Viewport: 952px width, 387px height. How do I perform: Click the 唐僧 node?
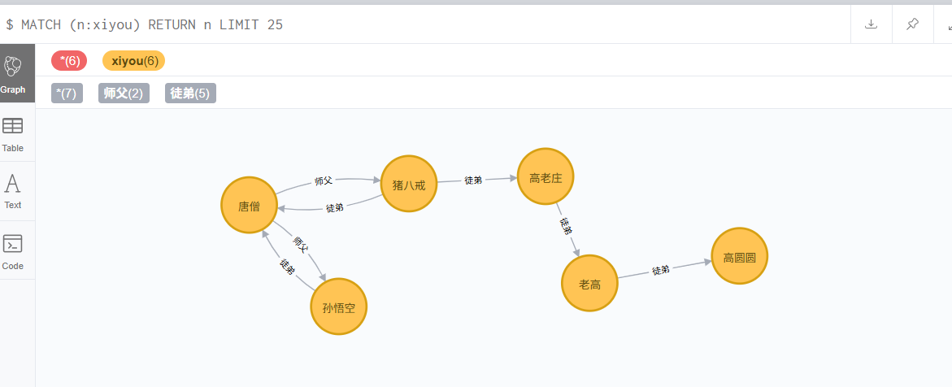pyautogui.click(x=249, y=206)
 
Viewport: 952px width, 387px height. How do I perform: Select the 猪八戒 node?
pyautogui.click(x=409, y=184)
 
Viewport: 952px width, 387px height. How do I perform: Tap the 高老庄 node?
pyautogui.click(x=546, y=177)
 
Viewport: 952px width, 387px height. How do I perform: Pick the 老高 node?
pyautogui.click(x=589, y=283)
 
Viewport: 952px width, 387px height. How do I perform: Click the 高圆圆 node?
pyautogui.click(x=739, y=256)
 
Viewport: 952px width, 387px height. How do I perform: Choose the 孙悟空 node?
pyautogui.click(x=338, y=307)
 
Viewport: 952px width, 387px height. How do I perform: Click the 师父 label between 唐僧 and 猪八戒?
pyautogui.click(x=324, y=180)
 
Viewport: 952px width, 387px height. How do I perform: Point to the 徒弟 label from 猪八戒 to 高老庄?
pyautogui.click(x=473, y=180)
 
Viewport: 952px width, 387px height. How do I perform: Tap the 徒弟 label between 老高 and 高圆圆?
pyautogui.click(x=660, y=270)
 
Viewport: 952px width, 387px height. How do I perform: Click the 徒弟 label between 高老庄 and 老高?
pyautogui.click(x=567, y=226)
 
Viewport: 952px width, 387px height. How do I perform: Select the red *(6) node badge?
pyautogui.click(x=69, y=60)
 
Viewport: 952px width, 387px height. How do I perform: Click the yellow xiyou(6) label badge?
pyautogui.click(x=133, y=60)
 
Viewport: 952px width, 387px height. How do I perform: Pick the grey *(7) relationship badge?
pyautogui.click(x=67, y=93)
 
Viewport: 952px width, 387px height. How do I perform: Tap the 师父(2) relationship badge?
pyautogui.click(x=124, y=93)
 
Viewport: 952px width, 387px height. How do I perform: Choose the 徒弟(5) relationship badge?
pyautogui.click(x=190, y=93)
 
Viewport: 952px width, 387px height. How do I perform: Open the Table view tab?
pyautogui.click(x=13, y=133)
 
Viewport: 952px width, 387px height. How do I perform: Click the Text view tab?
pyautogui.click(x=13, y=190)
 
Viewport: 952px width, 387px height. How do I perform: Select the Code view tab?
pyautogui.click(x=13, y=250)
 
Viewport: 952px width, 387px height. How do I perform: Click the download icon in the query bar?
pyautogui.click(x=871, y=24)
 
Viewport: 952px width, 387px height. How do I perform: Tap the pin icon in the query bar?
pyautogui.click(x=912, y=24)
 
